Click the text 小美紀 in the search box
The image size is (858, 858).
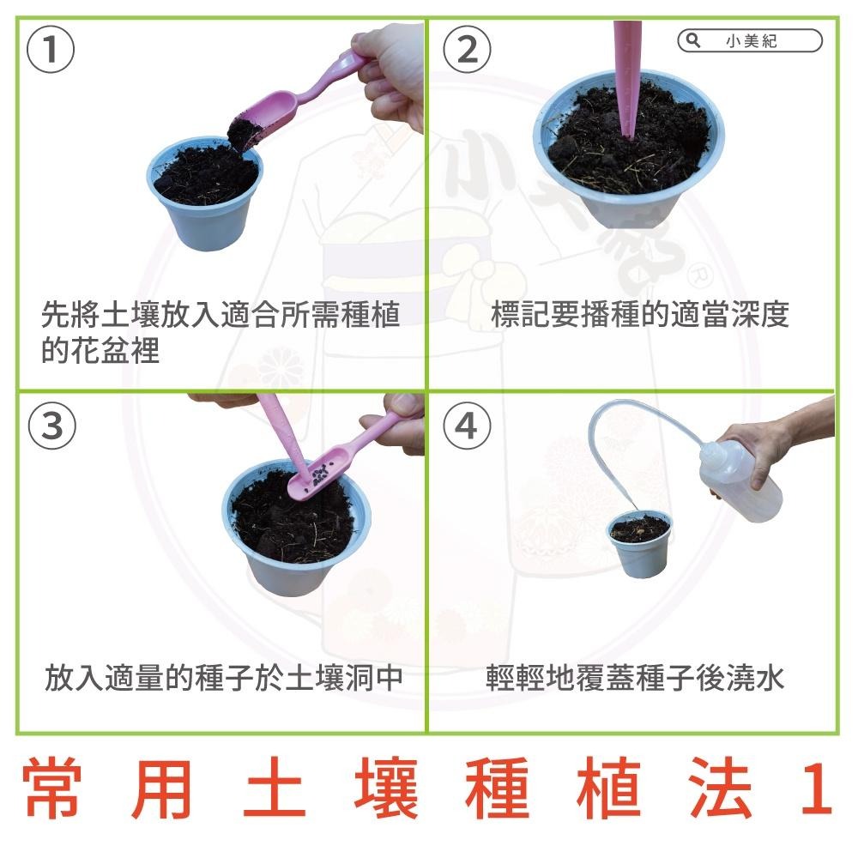click(752, 41)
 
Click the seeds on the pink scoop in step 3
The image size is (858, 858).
click(319, 473)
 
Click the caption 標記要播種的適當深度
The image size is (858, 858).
click(639, 315)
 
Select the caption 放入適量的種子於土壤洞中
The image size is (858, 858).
click(223, 679)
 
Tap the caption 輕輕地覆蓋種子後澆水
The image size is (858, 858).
click(635, 679)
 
